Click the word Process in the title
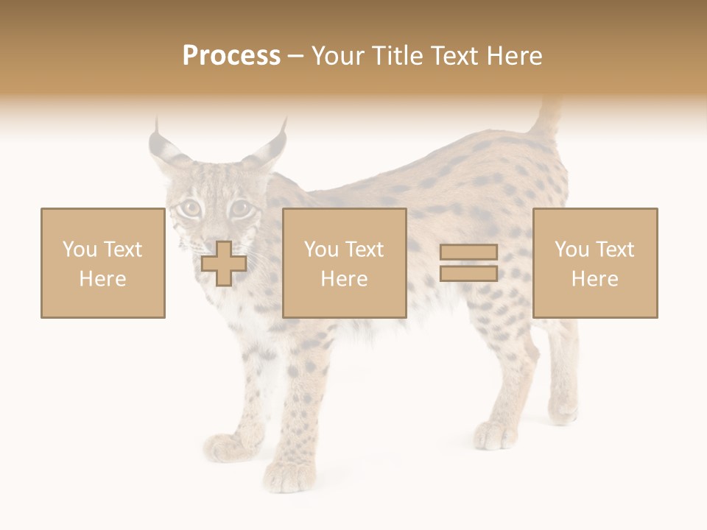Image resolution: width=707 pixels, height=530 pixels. point(231,56)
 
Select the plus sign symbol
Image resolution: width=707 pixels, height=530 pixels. point(224,264)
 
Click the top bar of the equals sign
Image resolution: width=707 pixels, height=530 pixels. point(468,252)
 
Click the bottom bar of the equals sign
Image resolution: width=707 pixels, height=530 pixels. point(468,273)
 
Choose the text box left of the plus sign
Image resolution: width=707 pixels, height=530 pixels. point(103,264)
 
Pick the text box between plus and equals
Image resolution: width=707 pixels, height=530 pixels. point(345,264)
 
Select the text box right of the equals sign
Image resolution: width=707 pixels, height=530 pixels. point(595,264)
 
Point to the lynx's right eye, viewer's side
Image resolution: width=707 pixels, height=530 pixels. point(240,208)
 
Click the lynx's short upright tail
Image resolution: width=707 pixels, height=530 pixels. point(548,118)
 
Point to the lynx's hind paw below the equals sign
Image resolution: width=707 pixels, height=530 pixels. point(495,435)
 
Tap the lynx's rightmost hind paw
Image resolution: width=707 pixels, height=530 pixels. point(563,409)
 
